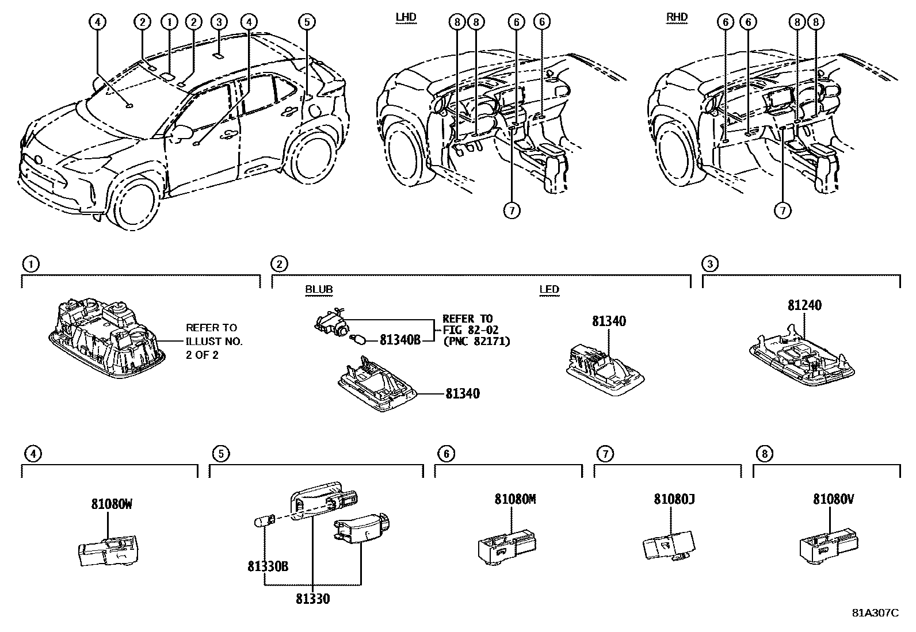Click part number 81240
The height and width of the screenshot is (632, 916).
(804, 305)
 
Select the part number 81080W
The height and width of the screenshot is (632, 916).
(111, 504)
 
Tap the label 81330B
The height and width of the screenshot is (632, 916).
(268, 566)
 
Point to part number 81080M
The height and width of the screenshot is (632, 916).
(515, 499)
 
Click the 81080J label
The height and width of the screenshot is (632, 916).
(674, 499)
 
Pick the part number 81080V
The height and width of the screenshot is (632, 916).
(833, 499)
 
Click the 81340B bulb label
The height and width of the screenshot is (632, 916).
(400, 340)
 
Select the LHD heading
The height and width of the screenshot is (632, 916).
(406, 17)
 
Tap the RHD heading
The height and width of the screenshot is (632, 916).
(677, 17)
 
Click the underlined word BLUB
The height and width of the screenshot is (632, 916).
(319, 289)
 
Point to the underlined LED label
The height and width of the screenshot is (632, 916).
(549, 289)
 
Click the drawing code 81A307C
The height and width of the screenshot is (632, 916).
(875, 612)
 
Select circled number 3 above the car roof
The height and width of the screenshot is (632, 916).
(219, 22)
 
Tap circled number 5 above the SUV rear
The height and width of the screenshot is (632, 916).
(307, 22)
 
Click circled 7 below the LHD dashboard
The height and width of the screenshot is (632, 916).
(511, 210)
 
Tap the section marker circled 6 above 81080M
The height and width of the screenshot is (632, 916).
(446, 454)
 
